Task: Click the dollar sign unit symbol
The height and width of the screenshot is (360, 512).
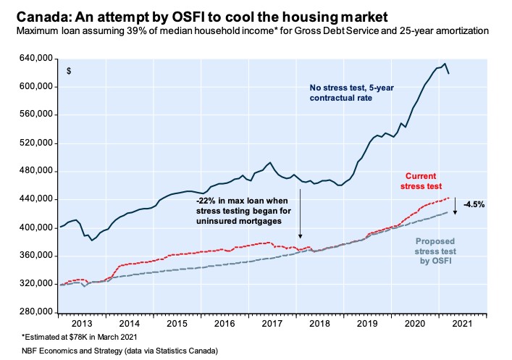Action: coord(69,71)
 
